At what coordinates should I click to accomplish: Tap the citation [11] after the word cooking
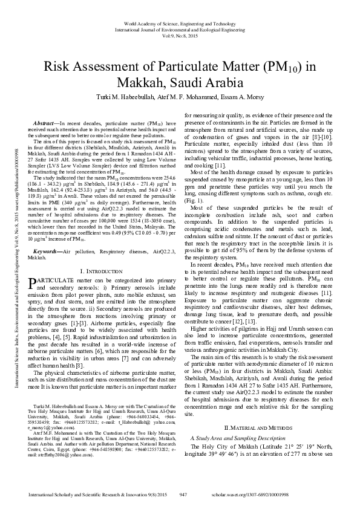220,165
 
